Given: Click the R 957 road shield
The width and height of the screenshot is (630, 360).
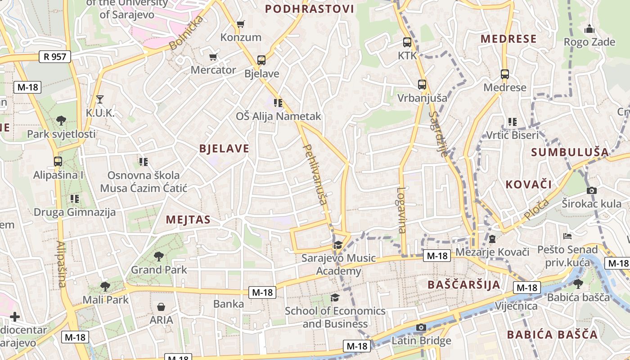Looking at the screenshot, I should pos(55,57).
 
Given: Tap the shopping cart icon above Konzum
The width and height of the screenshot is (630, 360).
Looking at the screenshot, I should pos(241,24).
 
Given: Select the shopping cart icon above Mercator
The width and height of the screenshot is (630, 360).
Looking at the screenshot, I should pos(213,57).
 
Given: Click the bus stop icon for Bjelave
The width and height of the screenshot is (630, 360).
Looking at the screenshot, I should pos(261,60).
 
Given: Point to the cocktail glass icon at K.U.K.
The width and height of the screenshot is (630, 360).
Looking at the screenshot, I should pos(100,99).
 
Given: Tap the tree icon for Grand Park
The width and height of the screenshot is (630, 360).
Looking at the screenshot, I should pos(158,256).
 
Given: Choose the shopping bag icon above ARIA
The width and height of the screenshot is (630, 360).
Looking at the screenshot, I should pos(161,307).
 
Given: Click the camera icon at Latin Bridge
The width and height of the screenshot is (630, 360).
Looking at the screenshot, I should pos(421,327).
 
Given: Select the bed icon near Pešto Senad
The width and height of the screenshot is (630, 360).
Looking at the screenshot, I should pos(567,236).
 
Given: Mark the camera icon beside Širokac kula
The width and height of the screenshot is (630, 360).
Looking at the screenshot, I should pos(592,190).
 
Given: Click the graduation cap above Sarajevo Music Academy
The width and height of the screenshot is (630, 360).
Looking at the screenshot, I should pos(338,245).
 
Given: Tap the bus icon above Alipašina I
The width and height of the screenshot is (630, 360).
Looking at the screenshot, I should pos(58,162).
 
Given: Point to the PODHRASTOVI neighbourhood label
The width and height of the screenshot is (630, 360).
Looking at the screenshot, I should pos(309,9).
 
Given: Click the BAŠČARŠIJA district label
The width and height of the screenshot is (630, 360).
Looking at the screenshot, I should pos(464,284).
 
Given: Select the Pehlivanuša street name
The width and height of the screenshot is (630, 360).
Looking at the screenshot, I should pos(315,174).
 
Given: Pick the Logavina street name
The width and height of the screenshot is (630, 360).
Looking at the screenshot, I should pos(401,210).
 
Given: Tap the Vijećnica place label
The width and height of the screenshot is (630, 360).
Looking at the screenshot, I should pos(516,306).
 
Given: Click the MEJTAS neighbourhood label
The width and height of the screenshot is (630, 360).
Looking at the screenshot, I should pos(188,220).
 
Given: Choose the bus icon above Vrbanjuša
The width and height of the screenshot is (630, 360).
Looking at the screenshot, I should pos(422,85).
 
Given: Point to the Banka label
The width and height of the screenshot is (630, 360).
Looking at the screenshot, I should pos(229,304).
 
